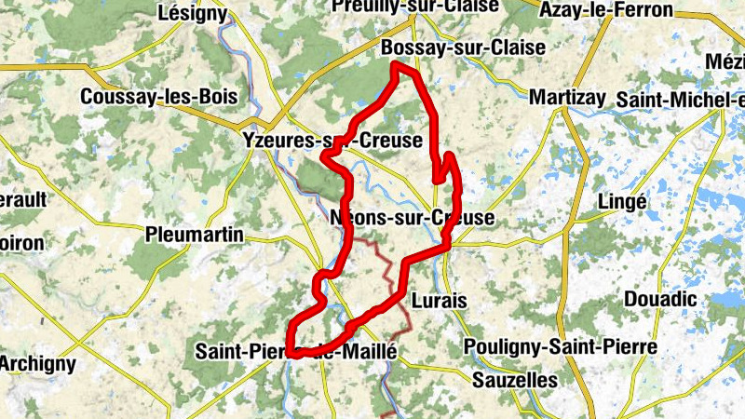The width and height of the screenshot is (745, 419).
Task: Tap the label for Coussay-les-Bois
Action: pos(159,97)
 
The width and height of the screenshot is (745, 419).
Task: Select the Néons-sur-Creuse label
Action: pos(413,217)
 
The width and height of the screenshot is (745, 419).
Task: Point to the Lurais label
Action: pos(439,301)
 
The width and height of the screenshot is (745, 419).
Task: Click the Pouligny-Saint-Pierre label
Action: pos(562,347)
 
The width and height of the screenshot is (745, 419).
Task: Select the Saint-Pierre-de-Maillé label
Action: pos(297,352)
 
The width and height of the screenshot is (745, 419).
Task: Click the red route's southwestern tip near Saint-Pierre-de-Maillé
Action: pos(291,353)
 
